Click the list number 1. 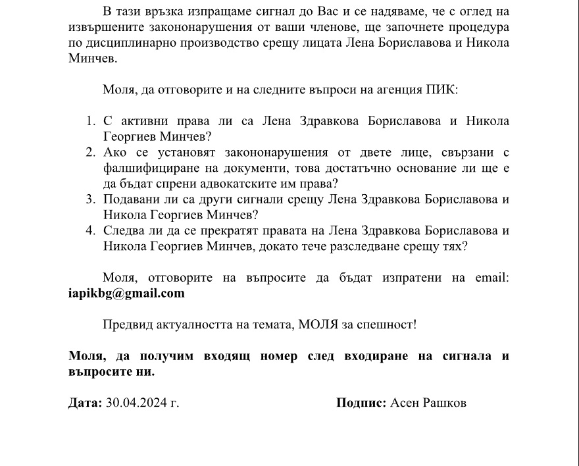point(91,121)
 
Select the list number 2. point(91,153)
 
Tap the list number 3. point(91,199)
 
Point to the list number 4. point(91,230)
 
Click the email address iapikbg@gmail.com point(126,294)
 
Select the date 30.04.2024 point(136,403)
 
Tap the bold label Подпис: point(361,403)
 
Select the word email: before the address point(492,278)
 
